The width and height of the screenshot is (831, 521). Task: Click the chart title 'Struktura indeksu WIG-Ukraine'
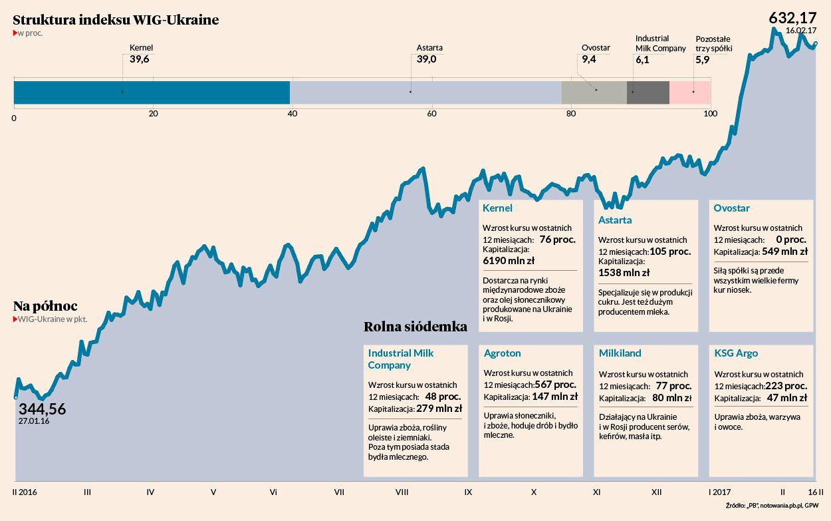click(116, 20)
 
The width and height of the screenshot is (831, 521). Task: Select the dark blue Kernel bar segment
click(152, 92)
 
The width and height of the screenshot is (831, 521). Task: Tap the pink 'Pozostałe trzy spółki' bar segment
click(689, 92)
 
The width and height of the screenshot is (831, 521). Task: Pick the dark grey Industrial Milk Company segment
click(648, 92)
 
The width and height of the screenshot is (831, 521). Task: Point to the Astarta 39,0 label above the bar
click(429, 54)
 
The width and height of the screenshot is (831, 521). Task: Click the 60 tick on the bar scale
click(431, 114)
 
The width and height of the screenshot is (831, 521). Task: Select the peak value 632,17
click(792, 18)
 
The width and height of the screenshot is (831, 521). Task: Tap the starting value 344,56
click(42, 409)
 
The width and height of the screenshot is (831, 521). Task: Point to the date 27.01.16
click(34, 421)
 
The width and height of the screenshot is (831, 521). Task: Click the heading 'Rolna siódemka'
click(415, 327)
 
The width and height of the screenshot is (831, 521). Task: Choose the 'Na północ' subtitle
click(45, 306)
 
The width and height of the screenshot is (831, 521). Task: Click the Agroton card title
click(502, 353)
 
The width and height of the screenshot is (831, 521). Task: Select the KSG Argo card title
click(736, 353)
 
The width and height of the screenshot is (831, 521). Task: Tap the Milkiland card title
click(620, 353)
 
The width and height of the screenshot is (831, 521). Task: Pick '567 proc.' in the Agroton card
click(556, 385)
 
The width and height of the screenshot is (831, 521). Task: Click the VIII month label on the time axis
click(402, 492)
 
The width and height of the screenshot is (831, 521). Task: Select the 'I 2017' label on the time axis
click(720, 492)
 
